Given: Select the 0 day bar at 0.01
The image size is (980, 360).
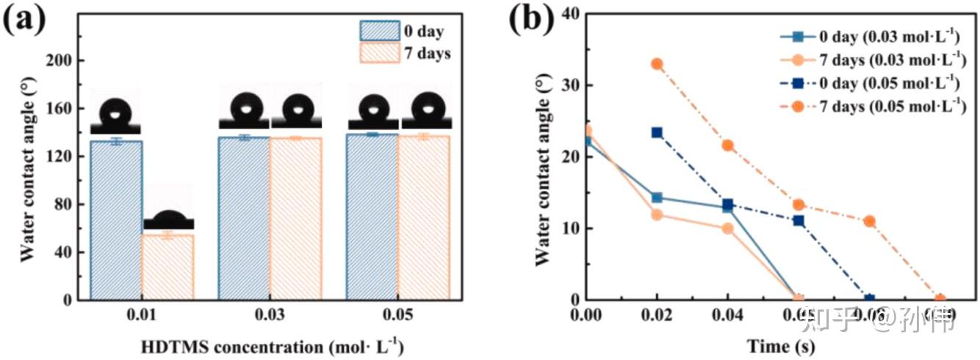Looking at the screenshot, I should (x=116, y=220).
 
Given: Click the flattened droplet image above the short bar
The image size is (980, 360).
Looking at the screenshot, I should (x=168, y=219).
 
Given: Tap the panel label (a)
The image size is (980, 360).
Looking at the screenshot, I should (x=26, y=21).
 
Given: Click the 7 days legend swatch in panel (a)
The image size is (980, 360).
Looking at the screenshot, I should (x=379, y=54).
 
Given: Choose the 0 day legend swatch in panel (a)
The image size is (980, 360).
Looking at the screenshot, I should (x=379, y=31).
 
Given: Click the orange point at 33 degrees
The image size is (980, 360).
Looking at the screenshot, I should (x=657, y=64).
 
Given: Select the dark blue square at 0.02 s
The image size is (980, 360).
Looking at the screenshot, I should (x=657, y=132).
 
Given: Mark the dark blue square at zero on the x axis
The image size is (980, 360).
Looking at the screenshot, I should (x=870, y=300).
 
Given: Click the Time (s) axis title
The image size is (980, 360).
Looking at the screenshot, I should (x=780, y=345).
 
